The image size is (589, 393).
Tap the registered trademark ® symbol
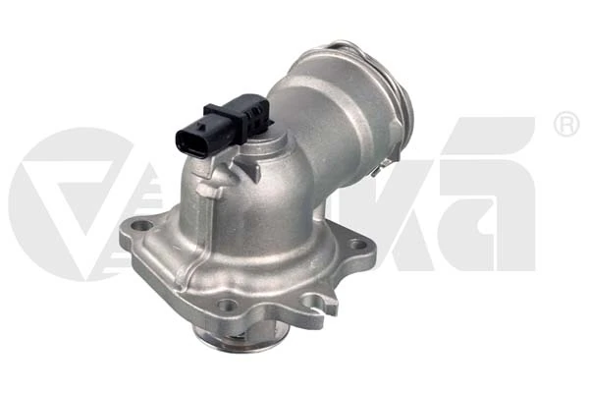click(566, 125)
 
